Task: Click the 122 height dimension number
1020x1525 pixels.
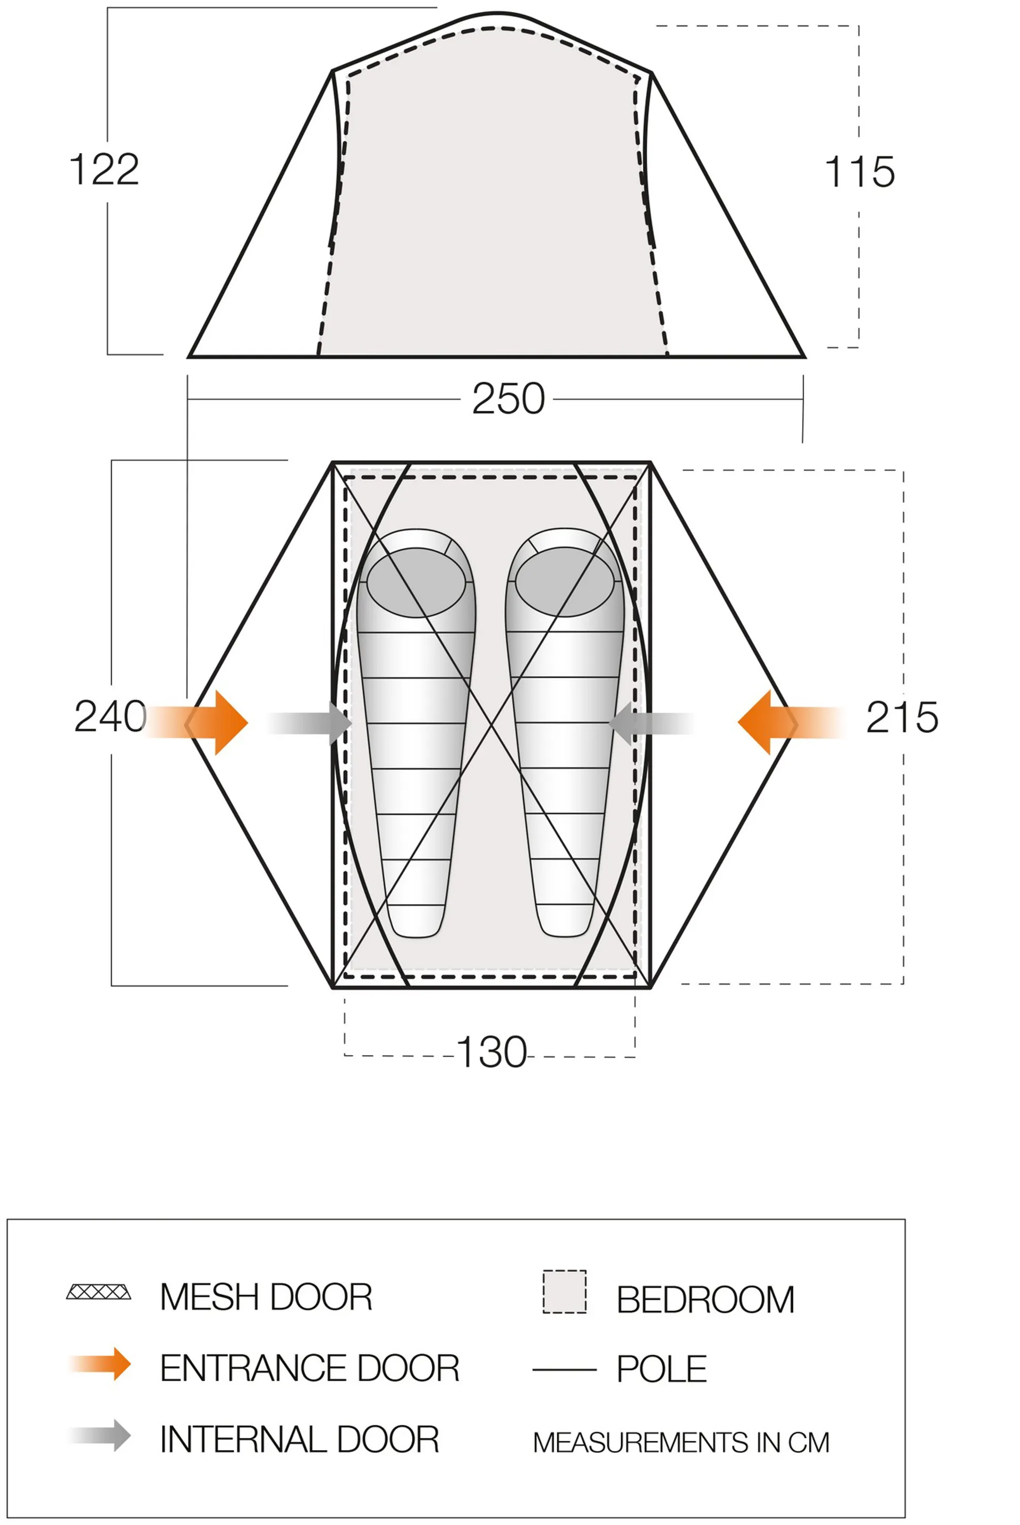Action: [104, 170]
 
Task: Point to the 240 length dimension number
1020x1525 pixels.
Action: [110, 716]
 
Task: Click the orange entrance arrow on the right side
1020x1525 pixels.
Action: [792, 722]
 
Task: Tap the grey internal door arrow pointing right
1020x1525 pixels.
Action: [309, 723]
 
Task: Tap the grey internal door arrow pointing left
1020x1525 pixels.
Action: [652, 723]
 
